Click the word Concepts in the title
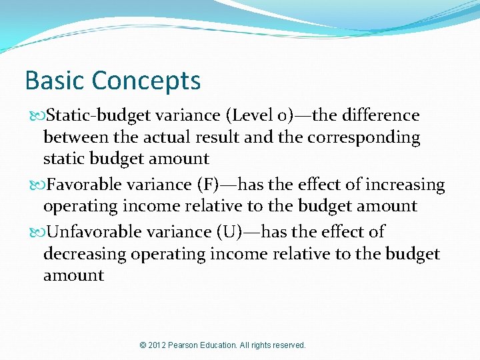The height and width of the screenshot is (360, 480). pos(146,81)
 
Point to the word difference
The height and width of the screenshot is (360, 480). pos(380,115)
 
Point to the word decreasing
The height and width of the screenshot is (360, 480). pos(85,254)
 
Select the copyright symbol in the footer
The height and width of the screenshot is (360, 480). pos(143,345)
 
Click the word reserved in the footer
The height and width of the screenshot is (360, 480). pos(288,345)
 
